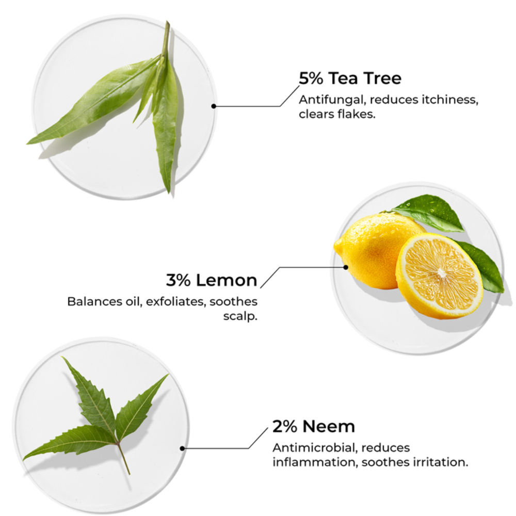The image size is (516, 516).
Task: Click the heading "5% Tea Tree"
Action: coord(350,78)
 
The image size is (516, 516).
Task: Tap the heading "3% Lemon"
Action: coord(212,280)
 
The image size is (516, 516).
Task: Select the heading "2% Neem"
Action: coord(314,427)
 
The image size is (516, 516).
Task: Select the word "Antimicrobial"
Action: coord(315,447)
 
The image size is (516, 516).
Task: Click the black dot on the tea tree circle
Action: coord(214,106)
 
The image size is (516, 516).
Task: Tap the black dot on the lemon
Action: coord(346,267)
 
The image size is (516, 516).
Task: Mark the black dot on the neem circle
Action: coord(182,448)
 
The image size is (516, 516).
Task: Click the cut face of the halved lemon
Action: coord(440,274)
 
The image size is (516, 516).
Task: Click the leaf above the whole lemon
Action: coord(428,211)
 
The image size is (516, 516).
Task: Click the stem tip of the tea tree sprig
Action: coord(168,22)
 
